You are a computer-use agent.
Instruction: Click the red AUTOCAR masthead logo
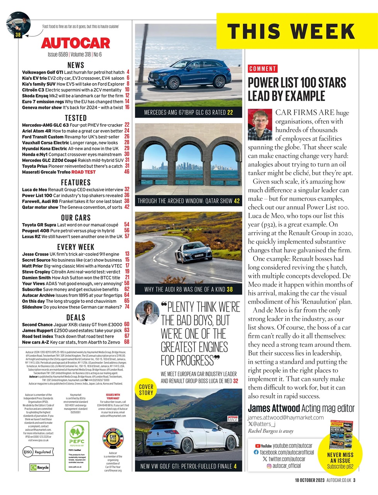76,43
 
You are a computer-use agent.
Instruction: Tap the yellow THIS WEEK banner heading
291,31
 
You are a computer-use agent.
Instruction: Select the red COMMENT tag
263,69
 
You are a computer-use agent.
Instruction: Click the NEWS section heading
76,65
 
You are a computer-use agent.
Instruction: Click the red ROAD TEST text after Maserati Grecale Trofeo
83,172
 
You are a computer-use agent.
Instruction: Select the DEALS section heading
76,317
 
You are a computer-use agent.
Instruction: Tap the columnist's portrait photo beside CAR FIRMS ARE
260,125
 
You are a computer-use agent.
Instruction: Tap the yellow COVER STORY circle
146,390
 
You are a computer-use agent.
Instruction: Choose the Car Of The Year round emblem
113,439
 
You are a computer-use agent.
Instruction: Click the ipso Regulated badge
37,452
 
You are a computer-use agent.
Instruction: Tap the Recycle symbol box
40,467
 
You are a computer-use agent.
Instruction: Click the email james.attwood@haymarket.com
286,417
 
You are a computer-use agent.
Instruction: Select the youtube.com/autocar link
288,446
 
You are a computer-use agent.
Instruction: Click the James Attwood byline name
273,408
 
